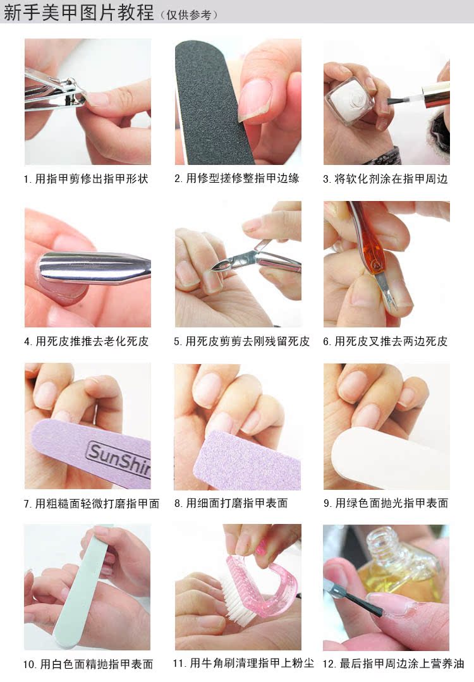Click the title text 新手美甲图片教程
point(79,12)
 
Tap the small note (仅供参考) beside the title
point(189,15)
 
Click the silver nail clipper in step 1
point(54,92)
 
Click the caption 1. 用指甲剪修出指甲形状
point(86,179)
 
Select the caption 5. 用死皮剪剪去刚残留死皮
point(242,341)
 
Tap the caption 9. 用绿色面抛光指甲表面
point(386,503)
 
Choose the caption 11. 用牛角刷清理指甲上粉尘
point(243,663)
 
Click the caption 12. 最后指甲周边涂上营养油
point(393,664)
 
